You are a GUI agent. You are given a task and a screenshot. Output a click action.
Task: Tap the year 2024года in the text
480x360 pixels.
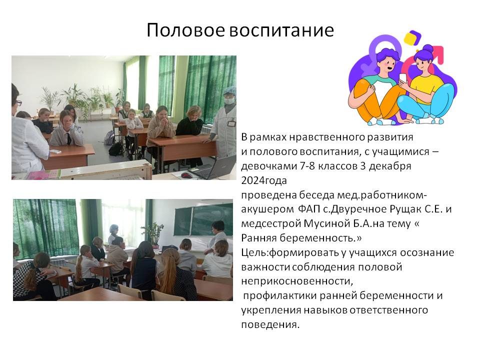(x=264, y=180)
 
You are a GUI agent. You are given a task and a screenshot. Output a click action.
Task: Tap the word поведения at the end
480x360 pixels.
(x=270, y=325)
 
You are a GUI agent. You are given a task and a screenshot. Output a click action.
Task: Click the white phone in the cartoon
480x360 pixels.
(x=403, y=78)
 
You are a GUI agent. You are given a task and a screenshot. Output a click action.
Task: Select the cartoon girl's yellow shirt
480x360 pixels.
(x=426, y=89)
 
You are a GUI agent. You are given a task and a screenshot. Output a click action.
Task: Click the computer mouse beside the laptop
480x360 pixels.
(x=186, y=175)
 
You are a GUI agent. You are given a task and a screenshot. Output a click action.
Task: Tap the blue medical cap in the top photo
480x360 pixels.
(x=229, y=90)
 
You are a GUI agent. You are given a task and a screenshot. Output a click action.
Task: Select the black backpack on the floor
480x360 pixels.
(x=116, y=149)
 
